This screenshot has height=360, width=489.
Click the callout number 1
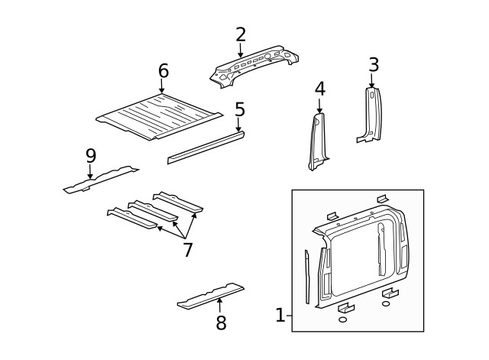pyautogui.click(x=280, y=315)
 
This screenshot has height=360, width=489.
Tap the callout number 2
pyautogui.click(x=241, y=34)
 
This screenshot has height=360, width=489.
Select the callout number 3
pyautogui.click(x=373, y=65)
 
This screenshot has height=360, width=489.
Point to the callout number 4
pyautogui.click(x=319, y=89)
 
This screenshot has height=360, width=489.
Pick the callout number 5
pyautogui.click(x=239, y=109)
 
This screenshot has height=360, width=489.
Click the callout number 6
pyautogui.click(x=163, y=71)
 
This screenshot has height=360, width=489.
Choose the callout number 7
pyautogui.click(x=187, y=249)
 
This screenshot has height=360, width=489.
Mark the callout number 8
pyautogui.click(x=221, y=323)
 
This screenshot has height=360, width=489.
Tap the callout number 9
pyautogui.click(x=90, y=155)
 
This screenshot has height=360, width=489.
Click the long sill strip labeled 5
pyautogui.click(x=206, y=147)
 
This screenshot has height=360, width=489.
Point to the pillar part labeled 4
pyautogui.click(x=317, y=141)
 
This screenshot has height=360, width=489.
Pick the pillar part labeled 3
pyautogui.click(x=370, y=115)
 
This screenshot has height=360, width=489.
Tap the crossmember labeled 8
pyautogui.click(x=210, y=296)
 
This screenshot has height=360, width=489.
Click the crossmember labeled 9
pyautogui.click(x=99, y=179)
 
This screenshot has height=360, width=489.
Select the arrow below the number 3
pyautogui.click(x=373, y=82)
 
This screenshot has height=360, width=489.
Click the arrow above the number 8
pyautogui.click(x=220, y=306)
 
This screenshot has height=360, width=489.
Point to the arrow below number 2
pyautogui.click(x=241, y=50)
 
